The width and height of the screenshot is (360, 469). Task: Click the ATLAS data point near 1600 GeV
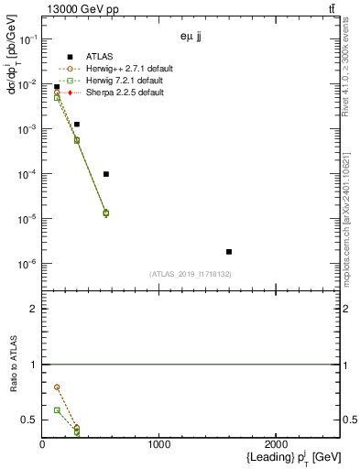point(229,251)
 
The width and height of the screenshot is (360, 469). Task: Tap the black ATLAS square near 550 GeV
point(106,174)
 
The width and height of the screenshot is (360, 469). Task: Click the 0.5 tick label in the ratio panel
point(28,420)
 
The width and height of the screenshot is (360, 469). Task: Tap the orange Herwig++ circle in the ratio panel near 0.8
point(57,387)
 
